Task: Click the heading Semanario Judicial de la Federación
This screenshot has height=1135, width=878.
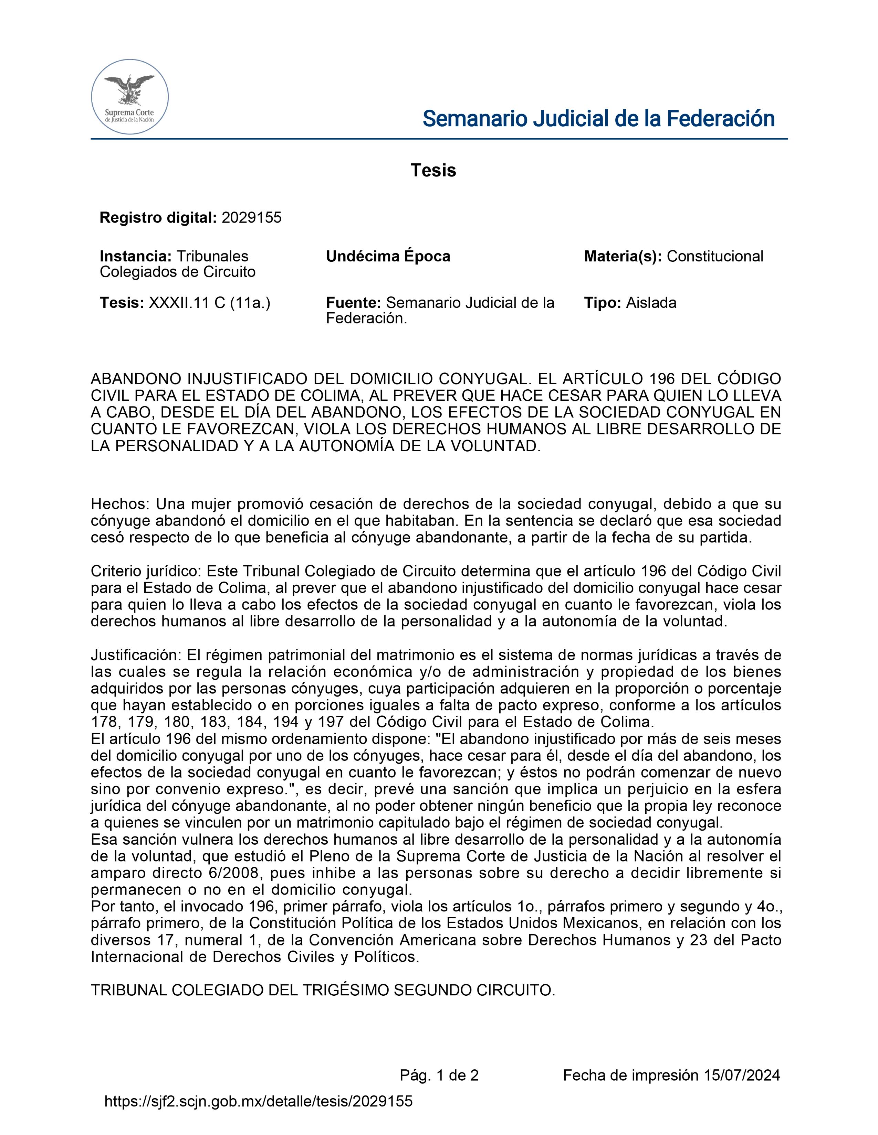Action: [x=598, y=119]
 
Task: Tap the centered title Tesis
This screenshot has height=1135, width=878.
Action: [x=433, y=171]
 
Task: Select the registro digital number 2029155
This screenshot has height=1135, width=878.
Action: [x=251, y=218]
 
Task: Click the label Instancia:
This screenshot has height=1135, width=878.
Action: [x=135, y=256]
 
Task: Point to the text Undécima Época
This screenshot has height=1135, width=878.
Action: [x=388, y=256]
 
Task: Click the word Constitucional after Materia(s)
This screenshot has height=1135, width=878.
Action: [x=715, y=256]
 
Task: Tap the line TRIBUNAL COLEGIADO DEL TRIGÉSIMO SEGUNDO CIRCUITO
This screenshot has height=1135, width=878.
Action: [x=323, y=991]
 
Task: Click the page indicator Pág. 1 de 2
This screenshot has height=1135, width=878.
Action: [x=439, y=1075]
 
